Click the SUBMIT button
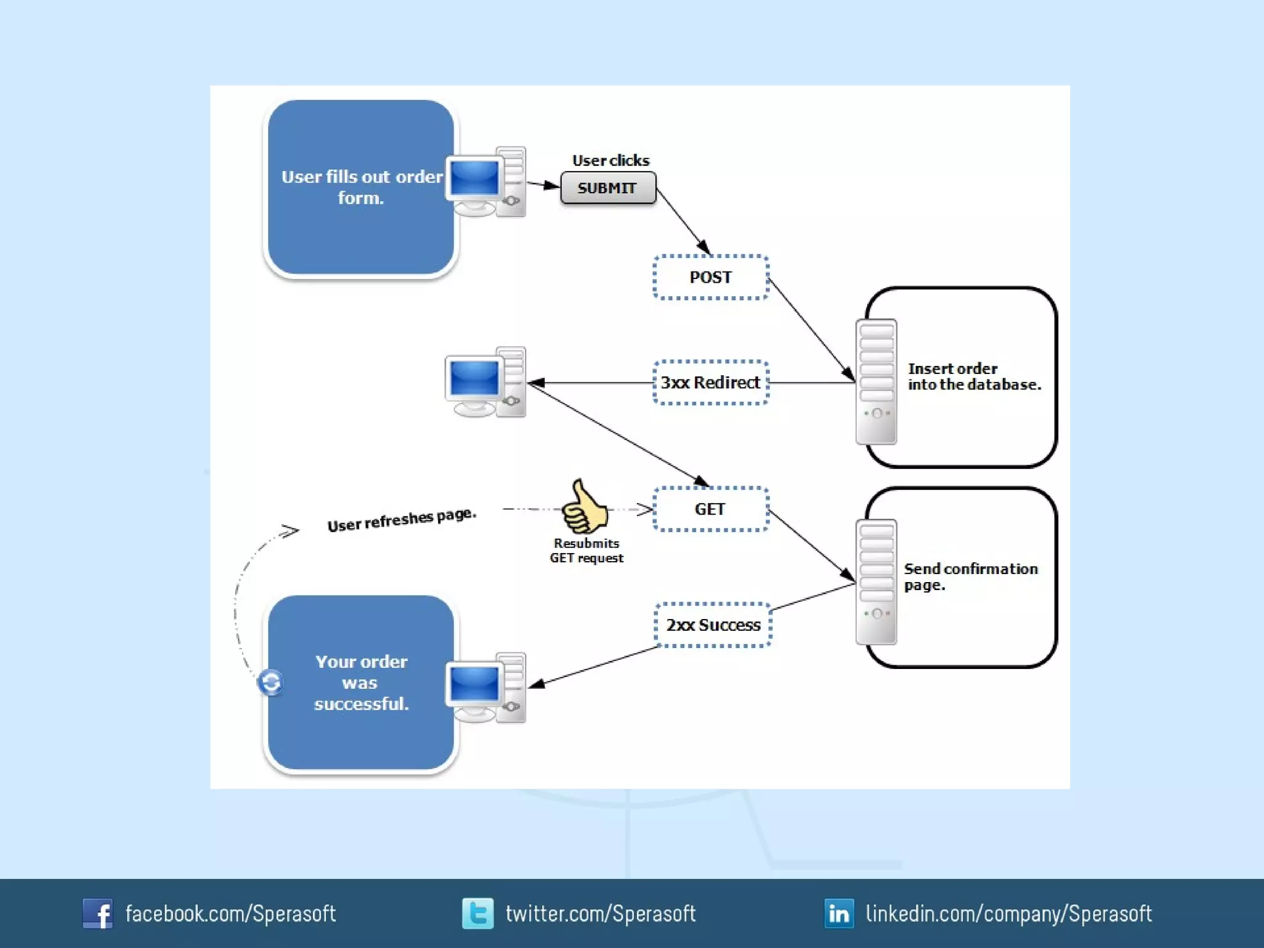pyautogui.click(x=608, y=188)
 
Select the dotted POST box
pyautogui.click(x=710, y=277)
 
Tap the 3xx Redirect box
pyautogui.click(x=710, y=383)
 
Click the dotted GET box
pyautogui.click(x=710, y=509)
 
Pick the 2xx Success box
pyautogui.click(x=713, y=625)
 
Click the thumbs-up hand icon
pyautogui.click(x=584, y=507)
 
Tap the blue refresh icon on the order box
pyautogui.click(x=270, y=683)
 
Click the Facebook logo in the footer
pyautogui.click(x=98, y=913)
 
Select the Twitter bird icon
pyautogui.click(x=478, y=913)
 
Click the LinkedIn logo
pyautogui.click(x=839, y=913)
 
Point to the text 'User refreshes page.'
pyautogui.click(x=402, y=520)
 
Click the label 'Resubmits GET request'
pyautogui.click(x=586, y=551)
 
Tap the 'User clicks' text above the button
pyautogui.click(x=610, y=160)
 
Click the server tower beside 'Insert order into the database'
pyautogui.click(x=876, y=381)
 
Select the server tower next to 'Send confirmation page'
pyautogui.click(x=876, y=582)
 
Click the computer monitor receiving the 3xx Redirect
pyautogui.click(x=474, y=381)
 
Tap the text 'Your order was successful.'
pyautogui.click(x=361, y=683)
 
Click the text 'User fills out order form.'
pyautogui.click(x=362, y=187)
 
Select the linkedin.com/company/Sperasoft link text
pyautogui.click(x=1008, y=913)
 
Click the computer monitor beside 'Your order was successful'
pyautogui.click(x=474, y=686)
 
